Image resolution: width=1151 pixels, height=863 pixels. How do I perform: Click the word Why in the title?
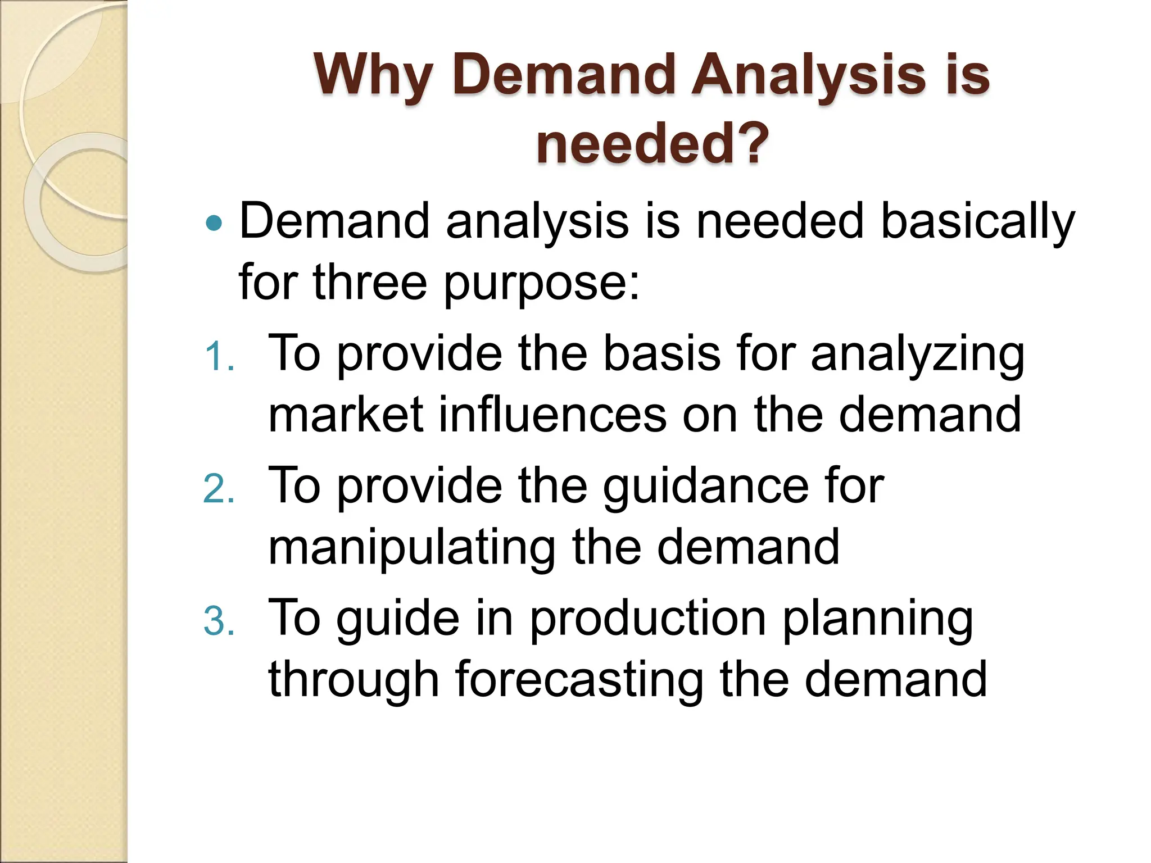click(x=373, y=75)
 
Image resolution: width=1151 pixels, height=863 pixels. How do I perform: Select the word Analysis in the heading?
click(x=808, y=75)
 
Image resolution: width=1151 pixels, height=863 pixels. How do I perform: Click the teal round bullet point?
click(x=214, y=224)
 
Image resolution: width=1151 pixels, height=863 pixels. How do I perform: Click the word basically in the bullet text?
click(x=977, y=221)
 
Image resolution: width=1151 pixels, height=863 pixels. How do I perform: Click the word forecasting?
click(x=579, y=680)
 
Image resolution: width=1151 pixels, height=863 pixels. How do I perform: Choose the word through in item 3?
click(x=353, y=680)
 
